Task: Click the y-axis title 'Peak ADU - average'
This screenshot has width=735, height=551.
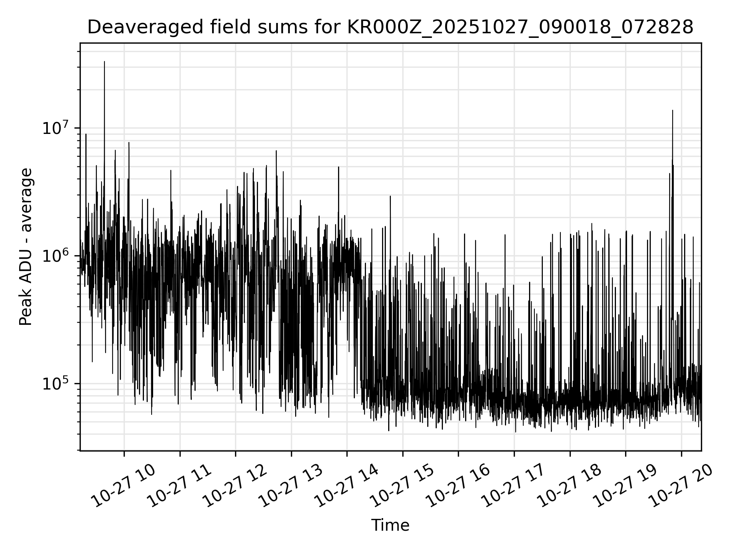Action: pyautogui.click(x=26, y=247)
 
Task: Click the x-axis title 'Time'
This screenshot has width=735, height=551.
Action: pyautogui.click(x=390, y=525)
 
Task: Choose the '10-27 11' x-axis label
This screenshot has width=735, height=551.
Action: pyautogui.click(x=180, y=486)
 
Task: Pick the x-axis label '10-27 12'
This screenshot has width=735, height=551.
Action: pyautogui.click(x=235, y=486)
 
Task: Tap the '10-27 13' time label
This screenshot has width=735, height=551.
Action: pyautogui.click(x=291, y=486)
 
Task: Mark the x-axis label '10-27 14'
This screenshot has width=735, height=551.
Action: pyautogui.click(x=346, y=486)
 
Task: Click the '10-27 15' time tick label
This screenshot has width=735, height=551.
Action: pyautogui.click(x=402, y=486)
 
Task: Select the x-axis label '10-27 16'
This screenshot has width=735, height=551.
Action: pyautogui.click(x=458, y=486)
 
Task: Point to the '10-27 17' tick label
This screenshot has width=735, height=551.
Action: pyautogui.click(x=513, y=486)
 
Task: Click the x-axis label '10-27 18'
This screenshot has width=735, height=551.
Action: pyautogui.click(x=569, y=486)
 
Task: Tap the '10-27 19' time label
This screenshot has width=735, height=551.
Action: pyautogui.click(x=625, y=486)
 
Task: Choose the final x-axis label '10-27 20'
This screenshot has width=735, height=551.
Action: pyautogui.click(x=681, y=486)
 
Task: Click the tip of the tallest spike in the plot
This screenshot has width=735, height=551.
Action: pyautogui.click(x=105, y=62)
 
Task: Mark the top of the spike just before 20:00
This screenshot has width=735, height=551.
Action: pyautogui.click(x=673, y=111)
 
